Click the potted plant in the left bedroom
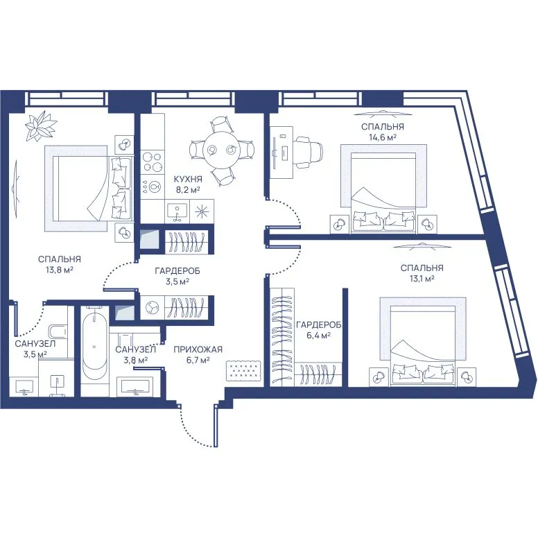[x=41, y=126]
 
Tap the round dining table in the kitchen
[x=221, y=150]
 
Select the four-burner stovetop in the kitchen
[x=153, y=162]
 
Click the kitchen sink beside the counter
[x=177, y=211]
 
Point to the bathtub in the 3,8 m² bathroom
[x=95, y=342]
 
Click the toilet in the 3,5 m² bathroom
[x=58, y=331]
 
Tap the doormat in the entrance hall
[x=243, y=370]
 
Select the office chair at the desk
[x=309, y=151]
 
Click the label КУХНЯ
[x=188, y=179]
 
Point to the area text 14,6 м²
[x=382, y=137]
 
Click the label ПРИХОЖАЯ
[x=198, y=349]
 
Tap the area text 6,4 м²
[x=318, y=335]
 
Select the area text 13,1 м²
[x=422, y=279]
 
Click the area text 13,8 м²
[x=60, y=270]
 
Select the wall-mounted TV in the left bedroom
[x=15, y=188]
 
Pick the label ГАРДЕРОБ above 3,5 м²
[x=177, y=271]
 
